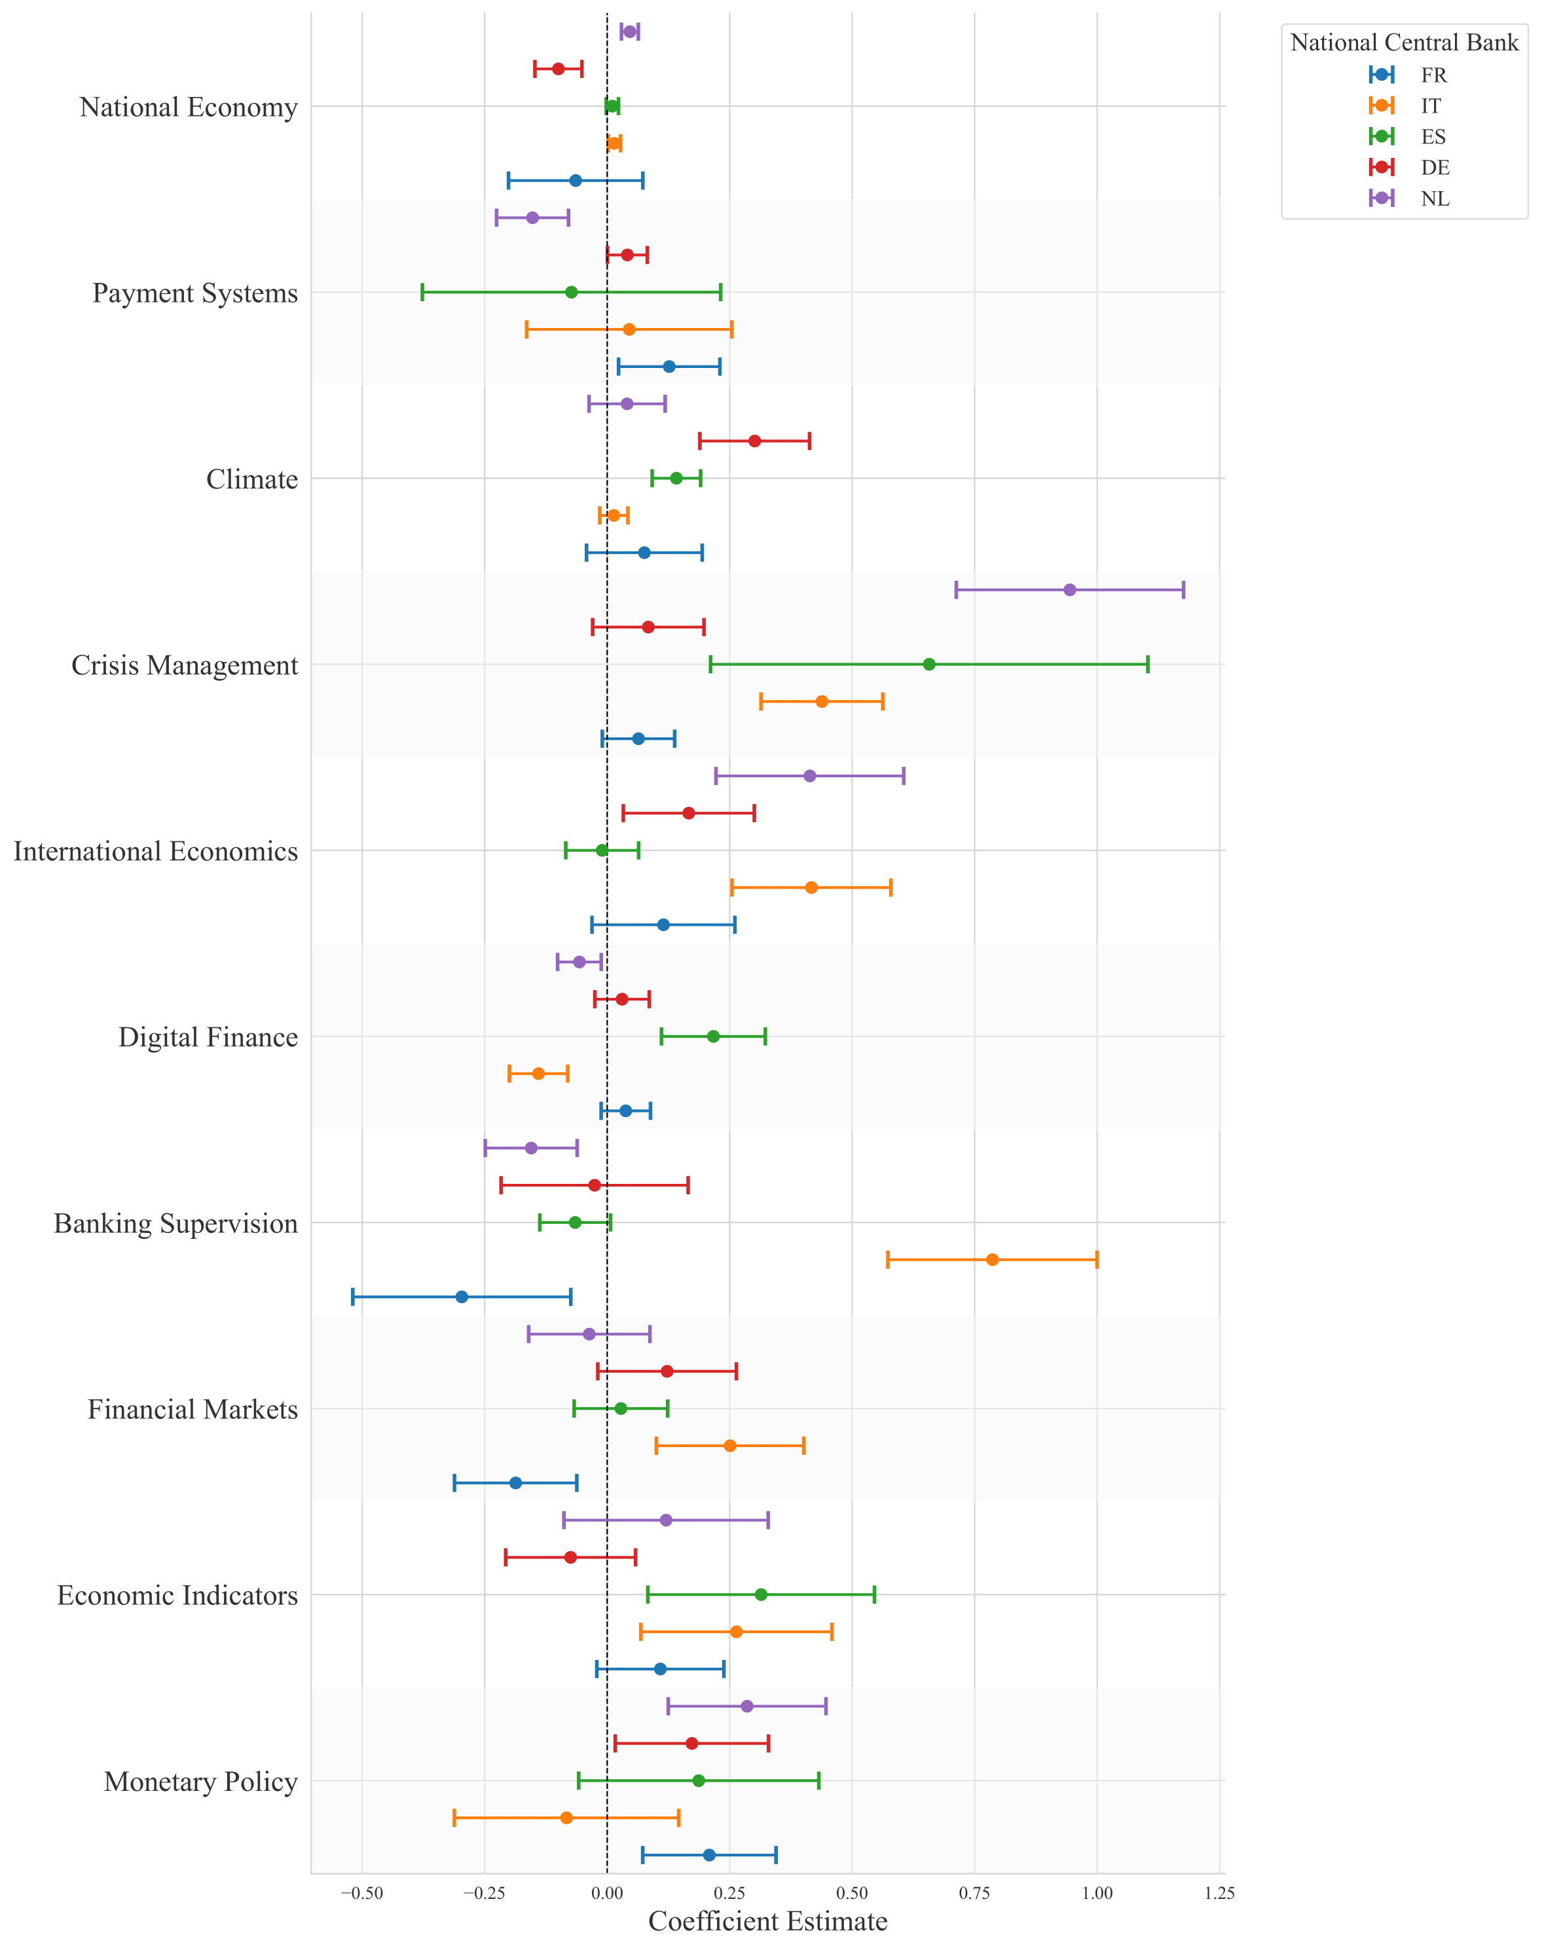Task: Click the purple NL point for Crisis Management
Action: coord(1070,589)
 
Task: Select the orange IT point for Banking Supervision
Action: coord(992,1259)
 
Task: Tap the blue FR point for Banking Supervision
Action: coord(462,1297)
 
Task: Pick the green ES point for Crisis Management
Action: coord(929,665)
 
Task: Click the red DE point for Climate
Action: coord(755,441)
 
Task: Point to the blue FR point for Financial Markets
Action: coord(515,1482)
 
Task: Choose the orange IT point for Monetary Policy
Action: coord(566,1817)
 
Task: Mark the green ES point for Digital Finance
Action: coord(713,1037)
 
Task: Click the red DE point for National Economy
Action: coord(558,69)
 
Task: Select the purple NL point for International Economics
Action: coord(810,775)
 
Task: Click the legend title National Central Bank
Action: coord(1404,43)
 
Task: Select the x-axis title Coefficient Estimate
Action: coord(767,1921)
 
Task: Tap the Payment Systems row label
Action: coord(195,293)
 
